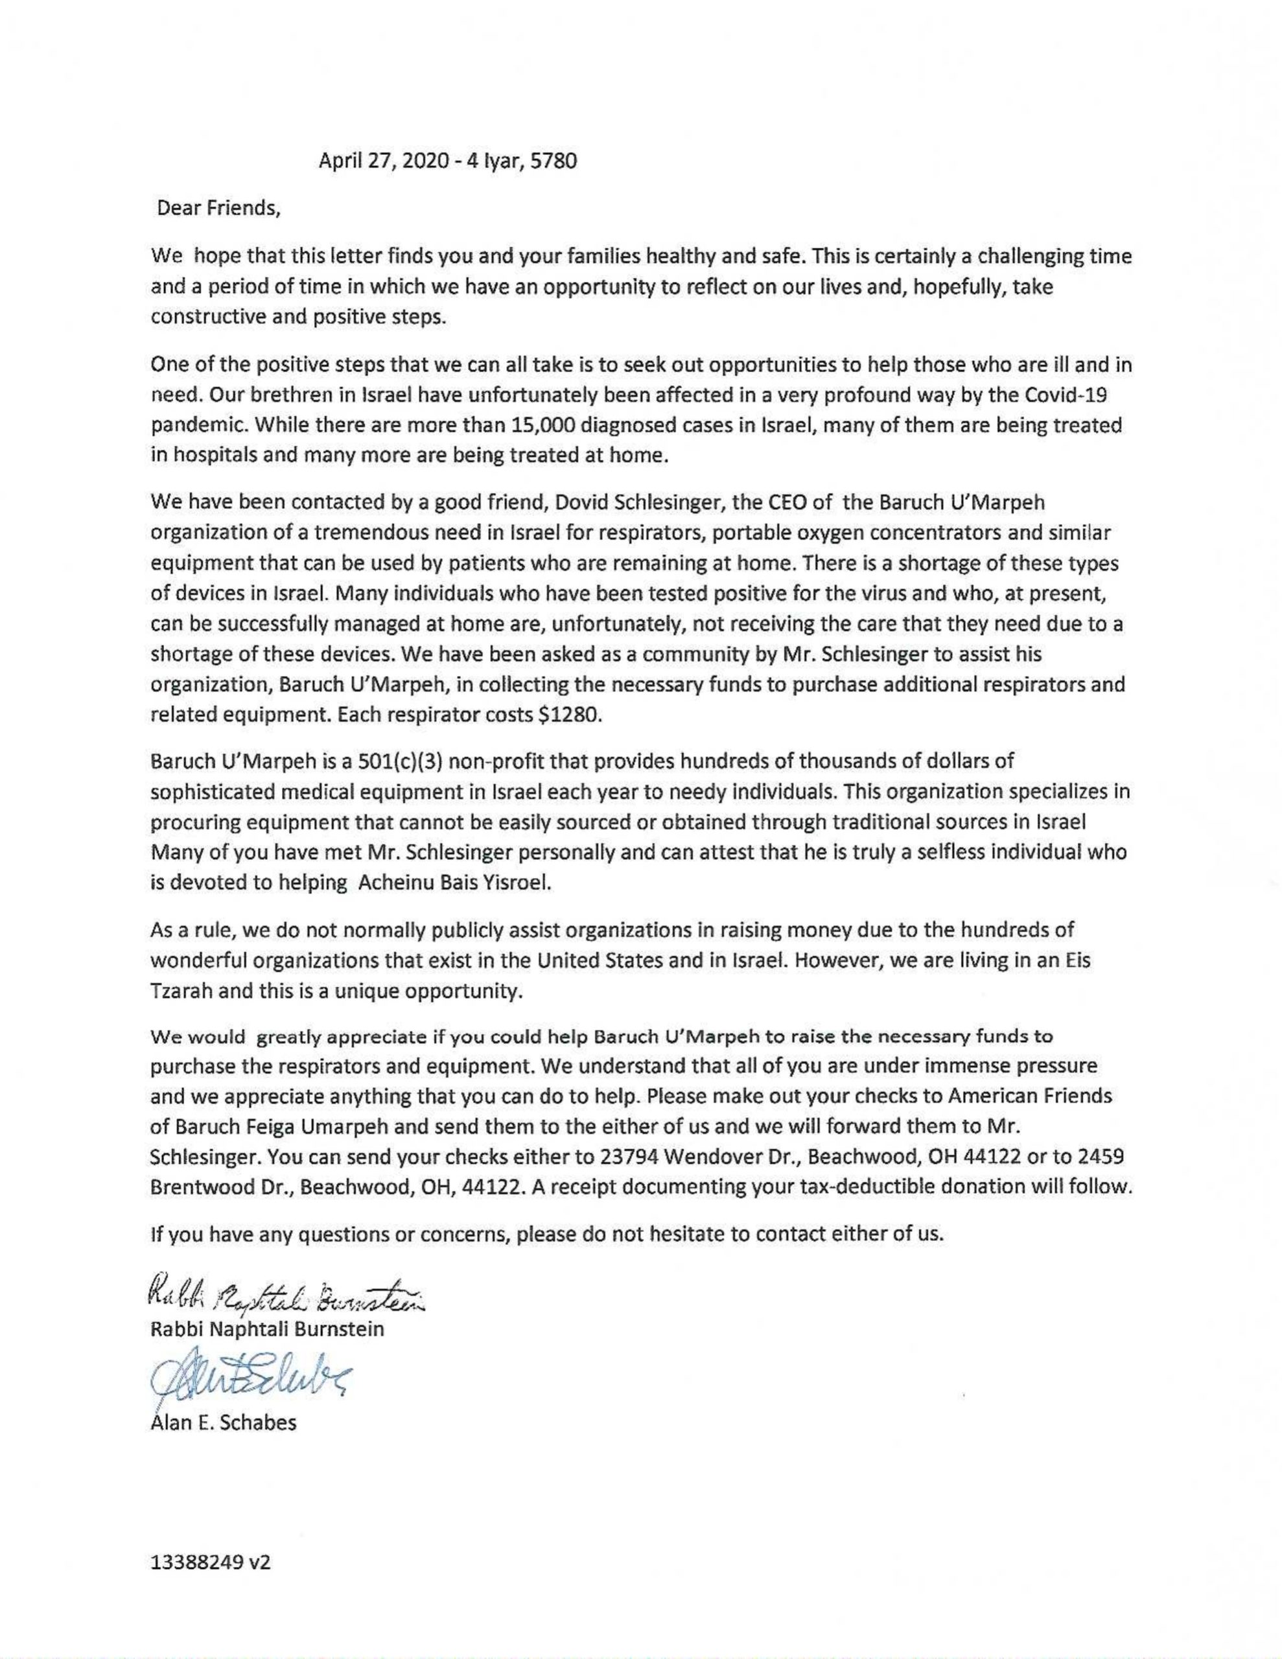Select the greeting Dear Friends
point(219,208)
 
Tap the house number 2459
point(1101,1157)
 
